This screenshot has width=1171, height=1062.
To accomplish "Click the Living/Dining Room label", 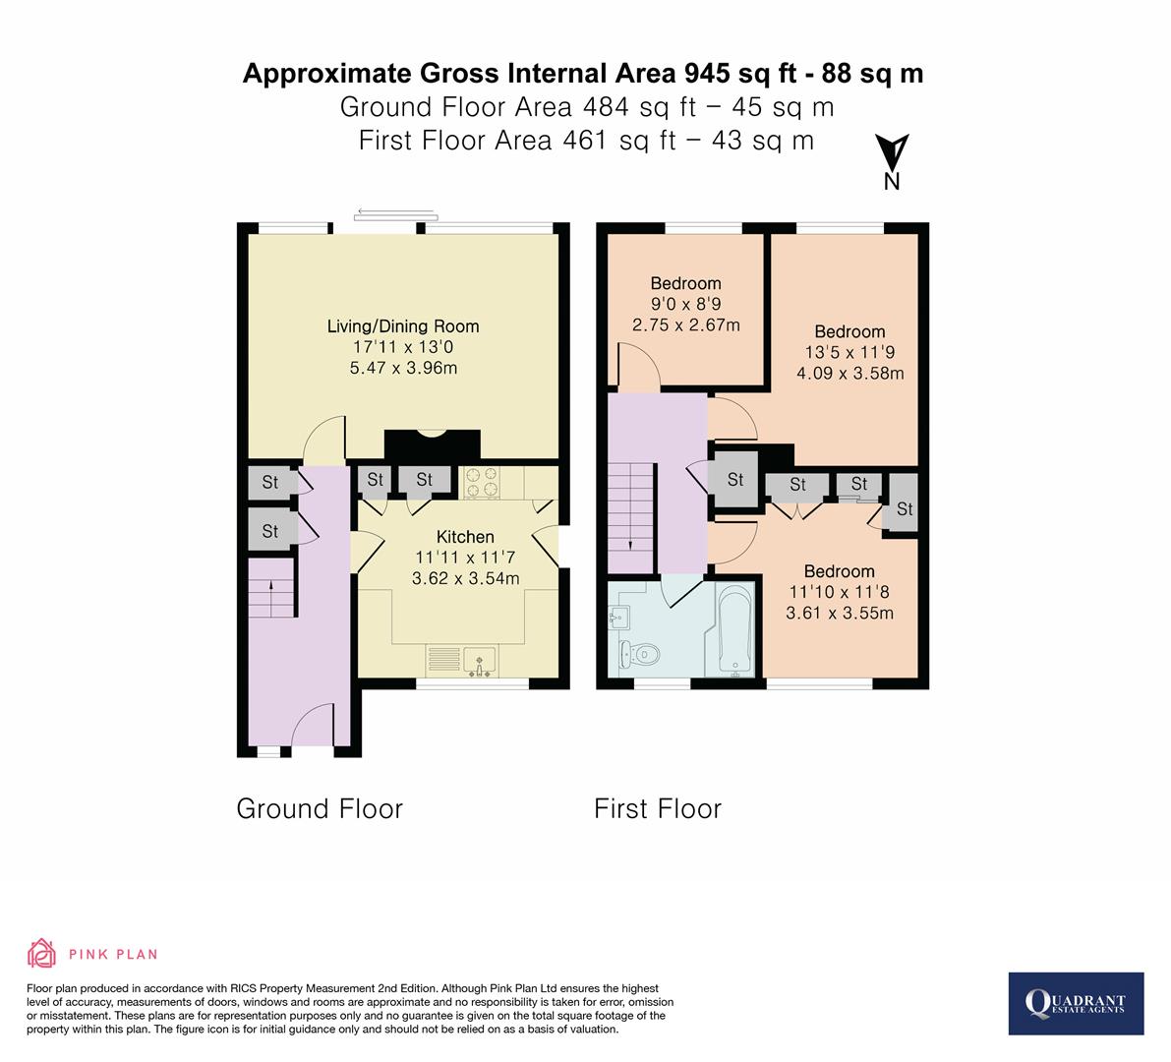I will tap(403, 326).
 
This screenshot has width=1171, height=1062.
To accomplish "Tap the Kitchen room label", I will tap(465, 536).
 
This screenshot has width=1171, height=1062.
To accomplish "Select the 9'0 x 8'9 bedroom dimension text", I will tap(685, 304).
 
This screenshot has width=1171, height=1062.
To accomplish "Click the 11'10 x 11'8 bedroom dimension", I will tap(839, 592).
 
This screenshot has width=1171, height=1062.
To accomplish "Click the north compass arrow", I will tap(893, 155).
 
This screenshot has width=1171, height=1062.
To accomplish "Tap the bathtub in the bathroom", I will tap(735, 629).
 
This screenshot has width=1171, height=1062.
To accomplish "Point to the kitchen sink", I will tap(481, 660).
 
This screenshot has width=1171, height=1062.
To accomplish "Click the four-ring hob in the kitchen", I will tap(481, 482).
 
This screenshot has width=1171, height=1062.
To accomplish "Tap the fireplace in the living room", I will tap(432, 444).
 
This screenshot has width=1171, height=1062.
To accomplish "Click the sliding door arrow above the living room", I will tap(394, 210).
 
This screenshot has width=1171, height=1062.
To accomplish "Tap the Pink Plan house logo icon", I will tap(41, 954).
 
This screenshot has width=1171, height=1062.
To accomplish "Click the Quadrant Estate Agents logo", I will tap(1076, 1003).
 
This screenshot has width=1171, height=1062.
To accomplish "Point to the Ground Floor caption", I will tap(320, 808).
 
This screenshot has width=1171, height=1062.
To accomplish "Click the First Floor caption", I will tap(658, 808).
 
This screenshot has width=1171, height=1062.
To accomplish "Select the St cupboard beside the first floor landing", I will tap(734, 480).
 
